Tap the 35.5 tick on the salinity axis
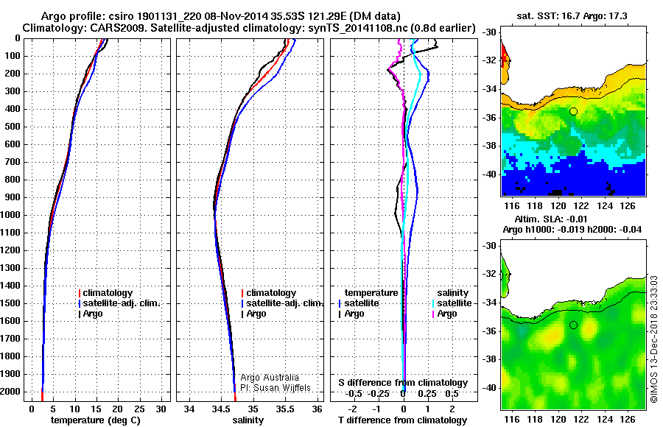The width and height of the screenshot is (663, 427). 285,409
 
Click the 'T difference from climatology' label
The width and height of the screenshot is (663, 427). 403,420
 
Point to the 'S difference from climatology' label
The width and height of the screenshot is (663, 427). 403,383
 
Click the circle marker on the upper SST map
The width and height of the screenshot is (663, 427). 573,111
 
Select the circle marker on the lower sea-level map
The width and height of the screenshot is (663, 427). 573,325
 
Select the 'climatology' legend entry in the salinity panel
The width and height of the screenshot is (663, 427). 271,293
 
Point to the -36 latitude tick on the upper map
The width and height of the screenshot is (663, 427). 488,118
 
